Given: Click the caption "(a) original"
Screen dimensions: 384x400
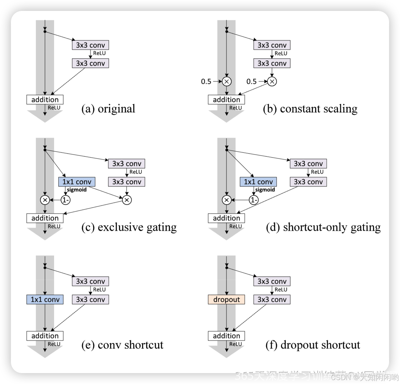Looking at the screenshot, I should [108, 109].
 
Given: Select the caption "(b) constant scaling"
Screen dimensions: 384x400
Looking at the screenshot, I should [310, 109].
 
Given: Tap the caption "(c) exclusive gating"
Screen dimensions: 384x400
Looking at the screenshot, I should [129, 227].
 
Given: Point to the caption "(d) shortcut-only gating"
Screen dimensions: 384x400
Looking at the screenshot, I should [323, 227].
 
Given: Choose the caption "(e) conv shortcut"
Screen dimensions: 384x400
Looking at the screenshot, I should [122, 345].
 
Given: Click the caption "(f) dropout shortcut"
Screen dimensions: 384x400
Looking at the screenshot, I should [313, 345].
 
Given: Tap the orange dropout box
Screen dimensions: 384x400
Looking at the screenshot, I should [226, 299].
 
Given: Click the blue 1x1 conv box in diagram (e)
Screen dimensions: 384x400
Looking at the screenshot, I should [45, 299].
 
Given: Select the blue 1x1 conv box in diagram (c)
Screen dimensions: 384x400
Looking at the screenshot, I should [77, 182].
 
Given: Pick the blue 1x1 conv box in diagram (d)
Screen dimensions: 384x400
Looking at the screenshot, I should [258, 182].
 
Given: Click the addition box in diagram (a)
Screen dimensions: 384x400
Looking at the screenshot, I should [45, 99].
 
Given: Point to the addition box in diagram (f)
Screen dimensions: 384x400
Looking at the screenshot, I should [226, 336].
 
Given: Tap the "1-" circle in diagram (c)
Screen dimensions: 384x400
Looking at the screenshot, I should [66, 200].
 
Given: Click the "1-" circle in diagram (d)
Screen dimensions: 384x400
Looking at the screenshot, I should [253, 200].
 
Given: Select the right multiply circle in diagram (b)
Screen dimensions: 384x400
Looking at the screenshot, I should [272, 81].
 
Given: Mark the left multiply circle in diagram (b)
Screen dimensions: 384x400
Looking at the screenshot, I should [227, 81].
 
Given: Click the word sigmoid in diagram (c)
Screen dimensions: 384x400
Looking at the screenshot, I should [77, 190].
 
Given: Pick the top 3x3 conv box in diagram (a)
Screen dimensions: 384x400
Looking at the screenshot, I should [90, 45].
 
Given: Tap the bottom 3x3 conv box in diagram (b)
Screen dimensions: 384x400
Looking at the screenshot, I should [272, 63].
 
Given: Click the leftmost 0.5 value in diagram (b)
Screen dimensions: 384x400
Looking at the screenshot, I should [206, 81].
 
